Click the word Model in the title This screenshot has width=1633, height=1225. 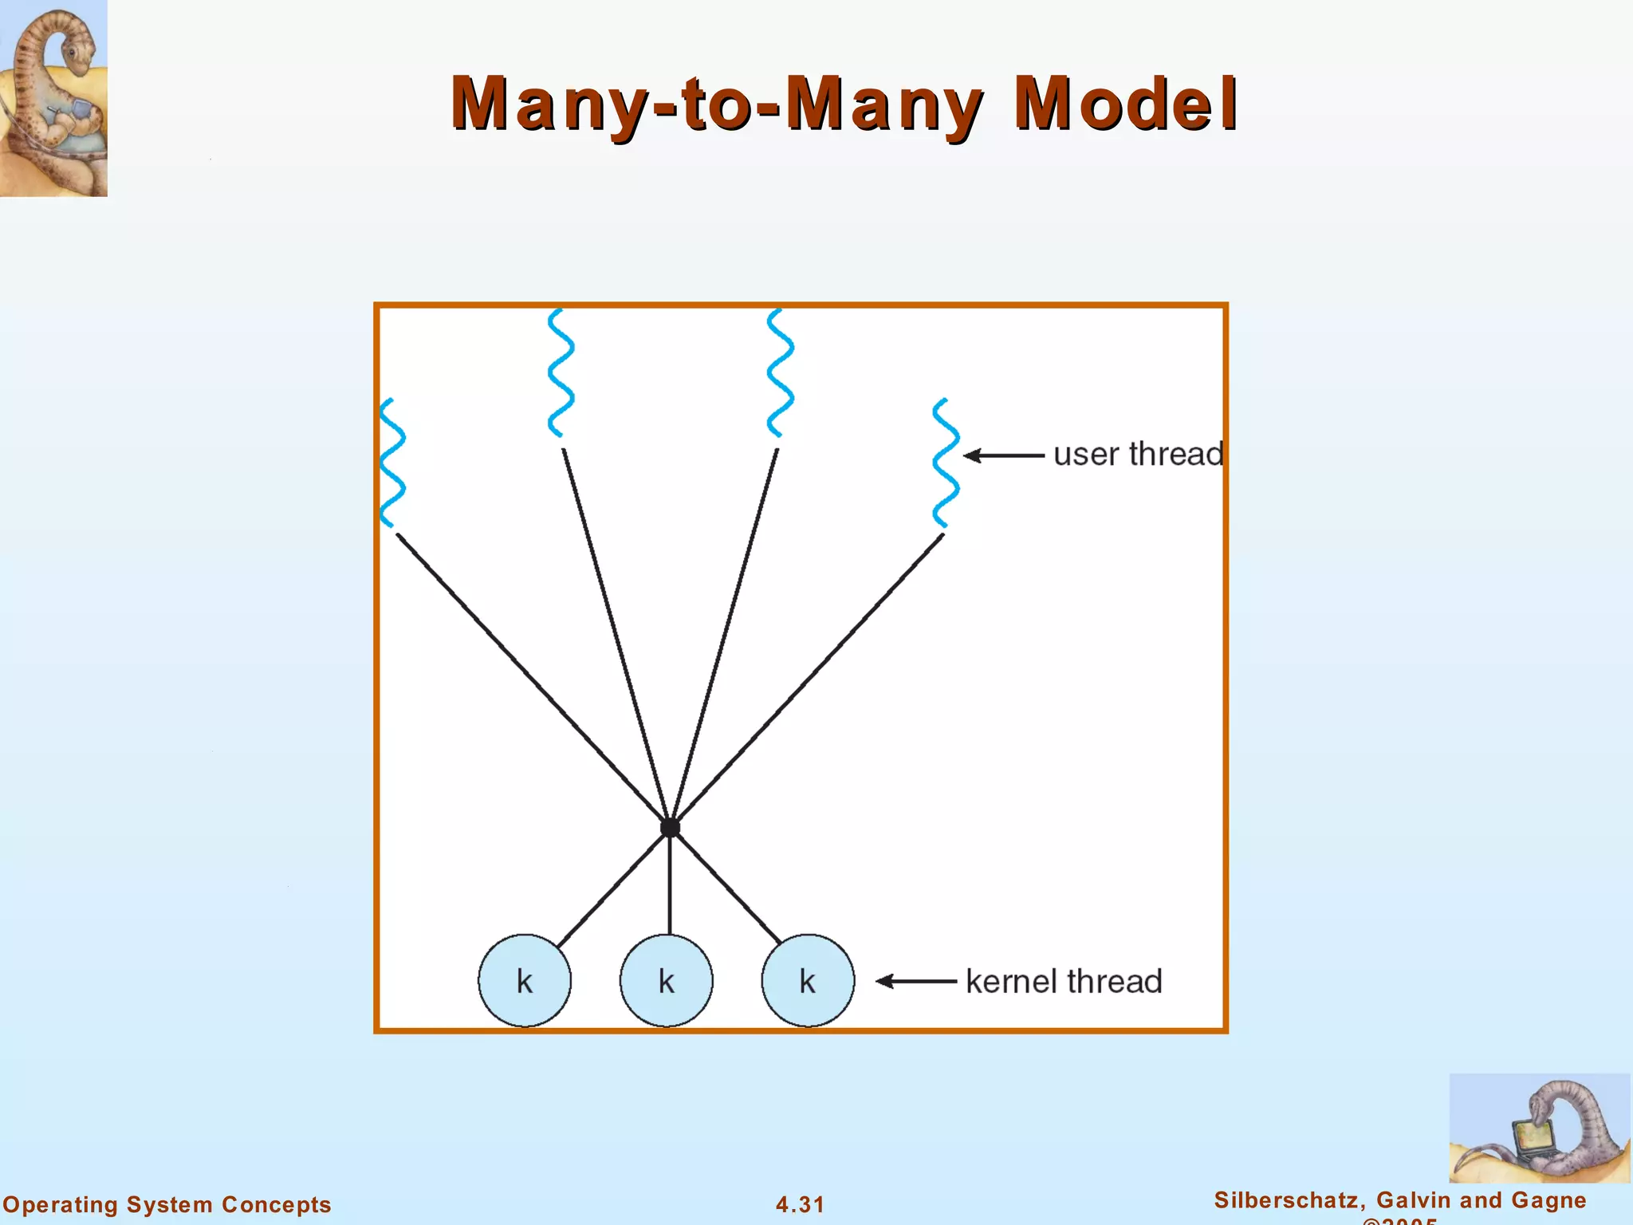pyautogui.click(x=1125, y=104)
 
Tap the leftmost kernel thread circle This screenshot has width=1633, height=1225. pyautogui.click(x=525, y=980)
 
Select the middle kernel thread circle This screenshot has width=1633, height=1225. pyautogui.click(x=667, y=980)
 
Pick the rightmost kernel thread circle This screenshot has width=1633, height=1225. pyautogui.click(x=808, y=980)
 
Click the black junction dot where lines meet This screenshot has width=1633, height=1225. pyautogui.click(x=670, y=828)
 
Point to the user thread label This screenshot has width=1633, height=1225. pyautogui.click(x=1138, y=455)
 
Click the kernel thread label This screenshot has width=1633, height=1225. pyautogui.click(x=1064, y=981)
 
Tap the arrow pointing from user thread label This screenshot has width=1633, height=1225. pyautogui.click(x=1004, y=455)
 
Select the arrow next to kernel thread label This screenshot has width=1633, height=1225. pyautogui.click(x=916, y=981)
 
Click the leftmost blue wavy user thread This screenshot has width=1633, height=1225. pyautogui.click(x=392, y=463)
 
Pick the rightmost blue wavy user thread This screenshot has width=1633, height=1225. pyautogui.click(x=945, y=463)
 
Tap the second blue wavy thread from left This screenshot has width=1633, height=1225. pyautogui.click(x=561, y=372)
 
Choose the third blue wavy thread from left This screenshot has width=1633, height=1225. pyautogui.click(x=780, y=372)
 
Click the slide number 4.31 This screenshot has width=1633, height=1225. pyautogui.click(x=800, y=1204)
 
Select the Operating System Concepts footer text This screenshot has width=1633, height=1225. pyautogui.click(x=167, y=1204)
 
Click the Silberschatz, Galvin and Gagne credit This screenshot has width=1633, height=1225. pyautogui.click(x=1400, y=1200)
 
